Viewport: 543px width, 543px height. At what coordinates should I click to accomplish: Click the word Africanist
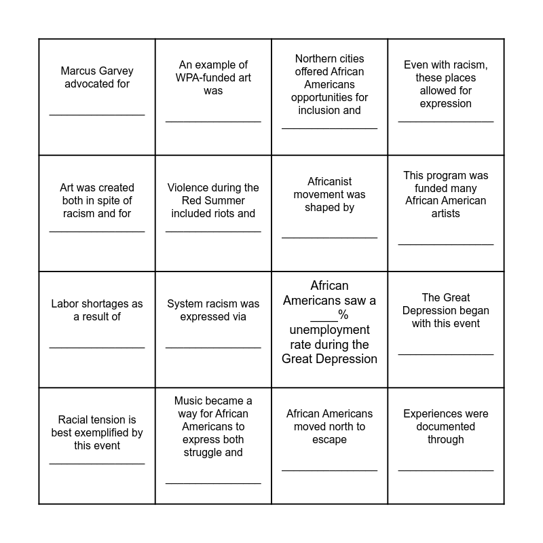click(x=329, y=182)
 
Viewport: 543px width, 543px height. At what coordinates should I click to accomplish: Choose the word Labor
click(x=65, y=304)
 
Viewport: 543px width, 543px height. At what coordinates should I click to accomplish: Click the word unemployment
click(x=329, y=330)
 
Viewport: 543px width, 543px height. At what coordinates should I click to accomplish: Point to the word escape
click(x=329, y=440)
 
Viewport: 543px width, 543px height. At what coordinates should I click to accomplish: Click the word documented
click(x=446, y=427)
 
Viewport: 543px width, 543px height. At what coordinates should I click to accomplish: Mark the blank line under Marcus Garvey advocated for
click(x=97, y=115)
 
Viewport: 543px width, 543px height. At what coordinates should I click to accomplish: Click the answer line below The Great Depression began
click(x=446, y=354)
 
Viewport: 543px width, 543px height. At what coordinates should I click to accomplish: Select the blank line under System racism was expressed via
click(x=213, y=348)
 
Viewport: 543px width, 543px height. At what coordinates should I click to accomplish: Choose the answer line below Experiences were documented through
click(x=446, y=470)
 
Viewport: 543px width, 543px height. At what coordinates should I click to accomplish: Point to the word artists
click(x=446, y=214)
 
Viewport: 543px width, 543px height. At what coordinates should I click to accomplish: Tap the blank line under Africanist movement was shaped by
click(x=329, y=238)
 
